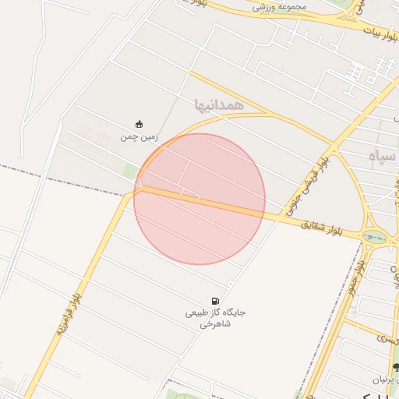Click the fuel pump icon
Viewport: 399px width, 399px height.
pos(215,301)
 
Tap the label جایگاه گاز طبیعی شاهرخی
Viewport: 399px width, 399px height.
pos(215,318)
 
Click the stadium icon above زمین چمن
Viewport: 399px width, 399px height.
pos(139,124)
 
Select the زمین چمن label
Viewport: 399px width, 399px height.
pos(139,136)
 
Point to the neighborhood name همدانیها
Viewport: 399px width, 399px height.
pos(220,104)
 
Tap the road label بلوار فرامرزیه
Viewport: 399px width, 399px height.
pos(68,315)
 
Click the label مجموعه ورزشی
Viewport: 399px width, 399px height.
pos(280,6)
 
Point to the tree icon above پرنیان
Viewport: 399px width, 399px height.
pos(396,367)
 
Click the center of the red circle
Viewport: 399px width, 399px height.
pos(199,199)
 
